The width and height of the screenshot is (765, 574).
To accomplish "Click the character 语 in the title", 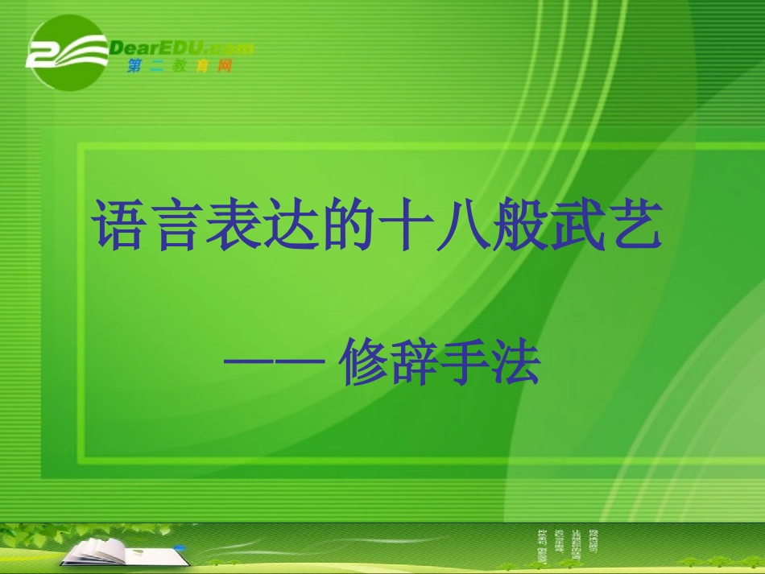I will tap(119, 226).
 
